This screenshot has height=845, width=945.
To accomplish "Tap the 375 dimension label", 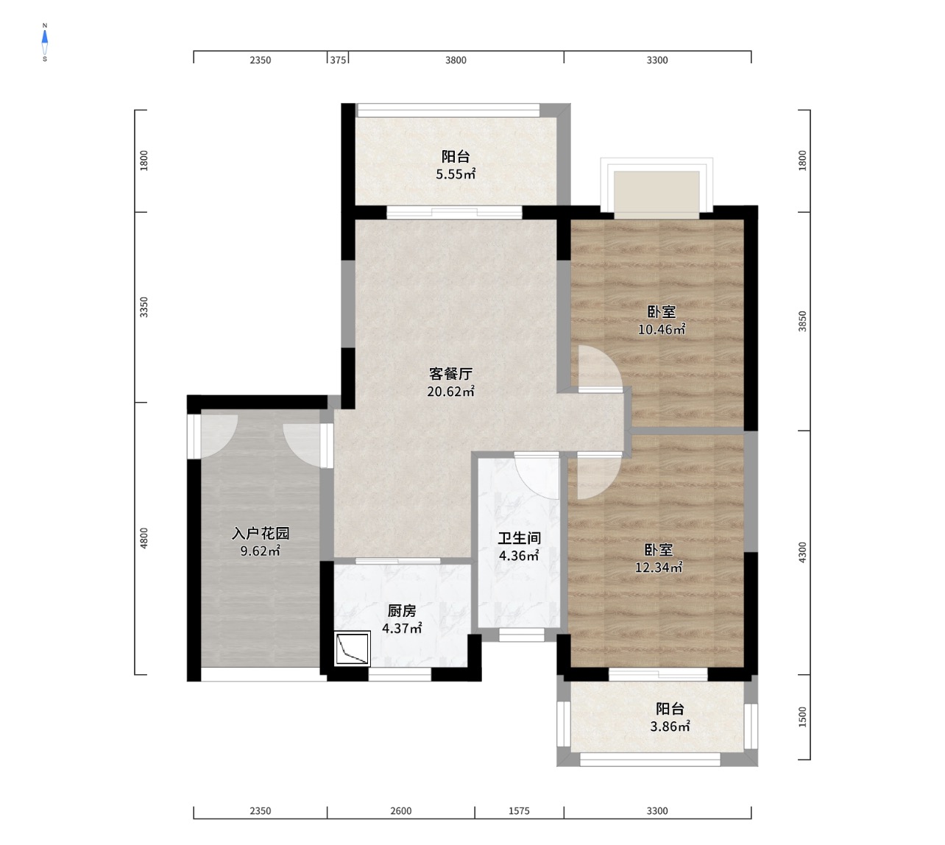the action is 338,60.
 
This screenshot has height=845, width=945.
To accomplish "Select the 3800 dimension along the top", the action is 456,60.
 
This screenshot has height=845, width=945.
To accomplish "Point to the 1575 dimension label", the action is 519,811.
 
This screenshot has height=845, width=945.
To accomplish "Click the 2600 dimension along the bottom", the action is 401,811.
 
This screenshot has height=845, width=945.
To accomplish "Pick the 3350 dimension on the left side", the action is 144,307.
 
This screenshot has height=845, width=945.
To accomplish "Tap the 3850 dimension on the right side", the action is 802,321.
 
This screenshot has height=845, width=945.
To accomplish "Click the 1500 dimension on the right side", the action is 802,717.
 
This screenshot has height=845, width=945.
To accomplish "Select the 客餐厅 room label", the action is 450,374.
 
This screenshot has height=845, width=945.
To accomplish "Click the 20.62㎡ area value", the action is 450,392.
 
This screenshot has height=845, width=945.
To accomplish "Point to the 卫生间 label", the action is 519,538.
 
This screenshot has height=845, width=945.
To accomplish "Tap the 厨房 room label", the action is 402,610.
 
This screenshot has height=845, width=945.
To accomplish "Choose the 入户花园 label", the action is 261,533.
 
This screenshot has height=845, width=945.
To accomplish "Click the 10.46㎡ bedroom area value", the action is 662,330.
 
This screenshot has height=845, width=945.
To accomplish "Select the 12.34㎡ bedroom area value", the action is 659,568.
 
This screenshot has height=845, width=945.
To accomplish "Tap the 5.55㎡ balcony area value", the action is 456,174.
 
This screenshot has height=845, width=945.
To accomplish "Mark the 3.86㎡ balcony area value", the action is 670,726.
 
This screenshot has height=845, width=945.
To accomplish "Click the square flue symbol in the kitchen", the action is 352,648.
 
